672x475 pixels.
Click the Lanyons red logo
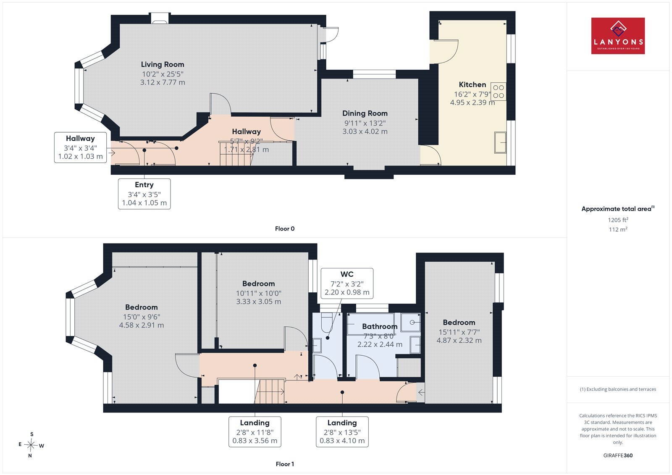[x=618, y=36]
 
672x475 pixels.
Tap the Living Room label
[x=163, y=64]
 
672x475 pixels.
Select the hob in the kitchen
[x=498, y=92]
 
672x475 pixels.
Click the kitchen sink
[x=500, y=142]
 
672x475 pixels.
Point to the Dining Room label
[x=365, y=113]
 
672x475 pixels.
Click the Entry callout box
[x=144, y=194]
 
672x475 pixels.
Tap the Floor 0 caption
[x=285, y=228]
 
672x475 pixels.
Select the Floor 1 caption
[x=285, y=464]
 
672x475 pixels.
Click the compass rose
[x=31, y=445]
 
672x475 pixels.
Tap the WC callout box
[x=347, y=283]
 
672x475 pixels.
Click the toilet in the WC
[x=326, y=323]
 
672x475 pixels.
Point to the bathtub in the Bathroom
[x=370, y=324]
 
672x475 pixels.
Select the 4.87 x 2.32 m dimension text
[x=459, y=341]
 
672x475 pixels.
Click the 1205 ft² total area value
[x=618, y=220]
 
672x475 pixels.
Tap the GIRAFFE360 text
[x=618, y=455]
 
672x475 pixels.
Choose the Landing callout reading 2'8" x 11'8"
[x=255, y=432]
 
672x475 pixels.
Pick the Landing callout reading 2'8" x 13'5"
[x=342, y=432]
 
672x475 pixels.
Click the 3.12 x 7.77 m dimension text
[x=163, y=82]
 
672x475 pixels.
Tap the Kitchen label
[x=472, y=84]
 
